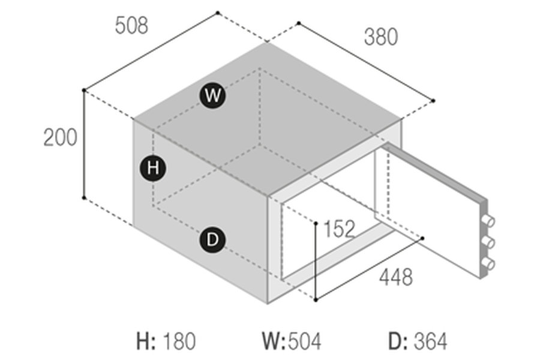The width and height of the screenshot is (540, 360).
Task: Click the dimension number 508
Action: tap(131, 25)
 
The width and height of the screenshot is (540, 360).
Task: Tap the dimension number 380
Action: tap(380, 37)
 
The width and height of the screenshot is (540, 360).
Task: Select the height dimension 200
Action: tap(60, 137)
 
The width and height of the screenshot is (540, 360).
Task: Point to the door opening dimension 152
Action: tap(339, 229)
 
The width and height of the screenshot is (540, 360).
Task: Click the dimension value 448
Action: tap(395, 277)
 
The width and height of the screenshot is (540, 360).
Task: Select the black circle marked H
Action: tap(153, 168)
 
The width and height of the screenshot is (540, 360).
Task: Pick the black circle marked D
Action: tap(212, 241)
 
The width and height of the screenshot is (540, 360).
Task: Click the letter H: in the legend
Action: tap(146, 341)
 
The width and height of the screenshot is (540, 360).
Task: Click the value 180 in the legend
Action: tap(179, 341)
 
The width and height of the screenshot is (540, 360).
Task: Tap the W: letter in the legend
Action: tap(274, 341)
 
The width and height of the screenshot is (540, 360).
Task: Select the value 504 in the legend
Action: tap(305, 341)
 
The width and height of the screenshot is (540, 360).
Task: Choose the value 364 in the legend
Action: tap(430, 341)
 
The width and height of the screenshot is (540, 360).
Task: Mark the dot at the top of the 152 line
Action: tap(316, 222)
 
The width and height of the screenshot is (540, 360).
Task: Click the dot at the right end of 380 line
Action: tap(433, 100)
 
